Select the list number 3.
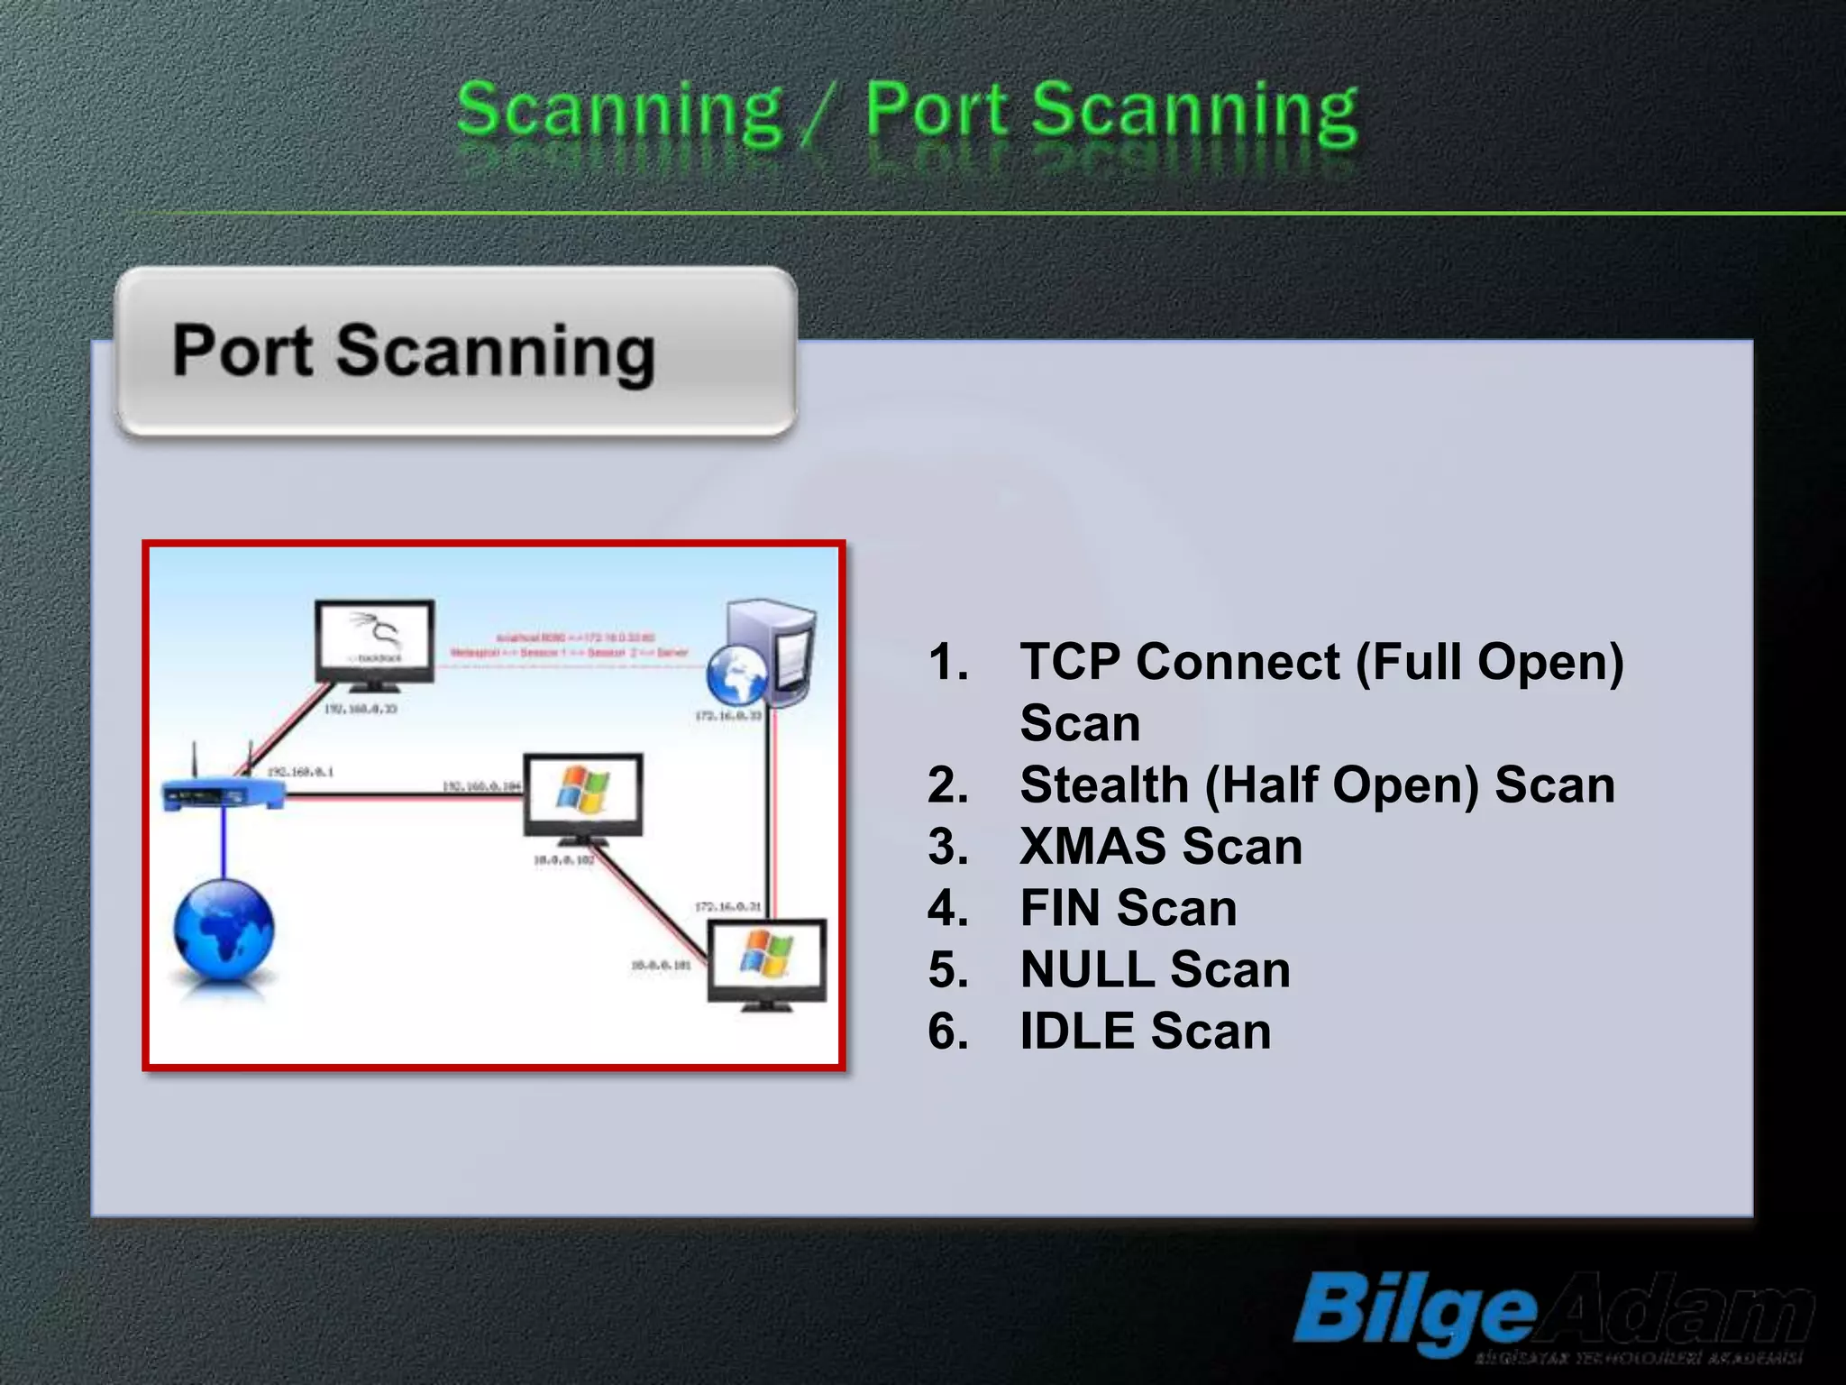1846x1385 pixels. click(948, 847)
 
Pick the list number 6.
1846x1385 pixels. click(948, 1032)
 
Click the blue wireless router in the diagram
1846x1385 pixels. click(221, 791)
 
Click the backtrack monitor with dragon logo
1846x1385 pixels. click(374, 642)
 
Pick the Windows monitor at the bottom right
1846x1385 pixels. click(766, 961)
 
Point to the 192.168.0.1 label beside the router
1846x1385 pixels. click(300, 773)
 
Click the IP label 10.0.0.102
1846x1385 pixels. click(564, 860)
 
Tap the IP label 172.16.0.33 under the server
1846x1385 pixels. click(728, 715)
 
